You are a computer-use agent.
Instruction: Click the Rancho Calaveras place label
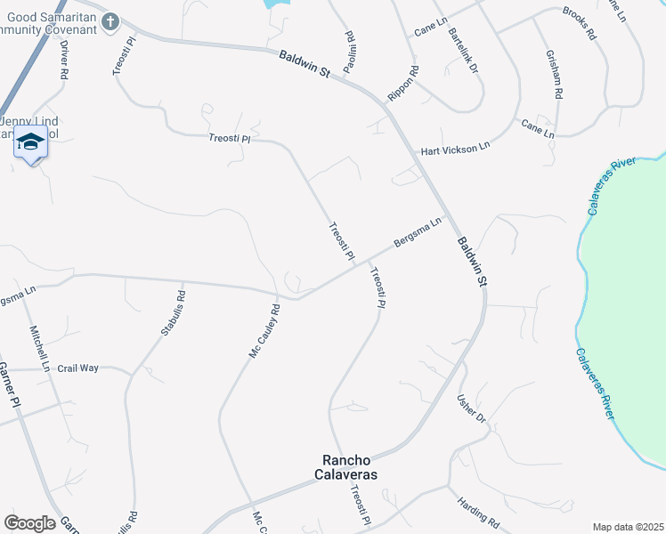349,467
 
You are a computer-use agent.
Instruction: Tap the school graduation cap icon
31,142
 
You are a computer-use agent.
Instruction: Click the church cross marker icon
110,22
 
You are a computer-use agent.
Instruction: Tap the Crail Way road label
78,368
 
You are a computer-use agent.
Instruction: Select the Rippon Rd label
402,83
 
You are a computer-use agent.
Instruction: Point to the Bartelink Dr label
463,49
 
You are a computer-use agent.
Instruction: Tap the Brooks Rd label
579,23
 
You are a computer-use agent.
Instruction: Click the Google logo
29,523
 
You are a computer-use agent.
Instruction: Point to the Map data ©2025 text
628,527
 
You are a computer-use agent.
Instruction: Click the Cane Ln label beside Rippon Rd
430,31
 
